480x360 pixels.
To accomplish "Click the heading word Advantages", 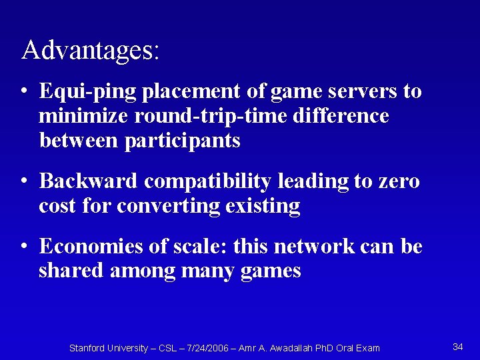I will (90, 51).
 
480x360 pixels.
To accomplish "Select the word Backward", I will (89, 181).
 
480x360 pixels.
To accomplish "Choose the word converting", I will (168, 206).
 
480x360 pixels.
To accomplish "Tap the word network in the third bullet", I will (306, 246).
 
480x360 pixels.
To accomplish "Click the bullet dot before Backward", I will (24, 182).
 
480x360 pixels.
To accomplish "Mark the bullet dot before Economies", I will (24, 247).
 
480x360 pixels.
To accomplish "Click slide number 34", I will (458, 347).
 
